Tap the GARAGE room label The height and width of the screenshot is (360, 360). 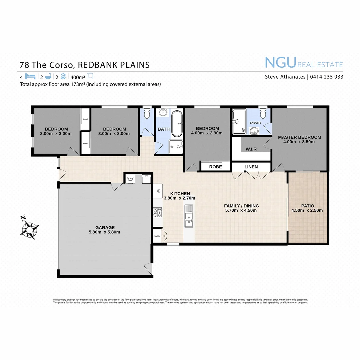click(x=105, y=228)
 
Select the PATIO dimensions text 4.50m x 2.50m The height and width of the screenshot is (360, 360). click(x=307, y=210)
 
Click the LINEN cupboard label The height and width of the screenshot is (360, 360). click(x=251, y=167)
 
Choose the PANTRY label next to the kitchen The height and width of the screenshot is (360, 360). click(x=157, y=236)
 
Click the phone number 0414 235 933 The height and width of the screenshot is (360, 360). click(x=327, y=77)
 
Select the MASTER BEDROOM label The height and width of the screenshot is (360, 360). click(x=299, y=137)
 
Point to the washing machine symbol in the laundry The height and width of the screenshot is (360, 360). click(x=130, y=179)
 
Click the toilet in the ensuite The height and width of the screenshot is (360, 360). click(x=263, y=114)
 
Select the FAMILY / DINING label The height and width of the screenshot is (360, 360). click(x=241, y=206)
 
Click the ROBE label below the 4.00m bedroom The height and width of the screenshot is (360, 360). click(x=215, y=167)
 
